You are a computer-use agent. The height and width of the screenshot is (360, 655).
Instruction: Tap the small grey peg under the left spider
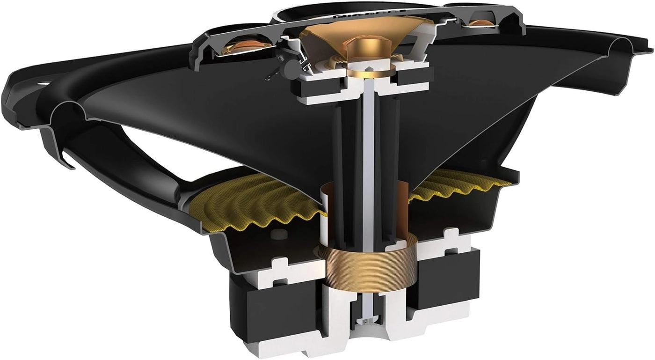(x=279, y=235)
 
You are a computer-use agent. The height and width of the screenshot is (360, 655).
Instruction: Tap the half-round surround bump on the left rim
(x=65, y=112)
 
